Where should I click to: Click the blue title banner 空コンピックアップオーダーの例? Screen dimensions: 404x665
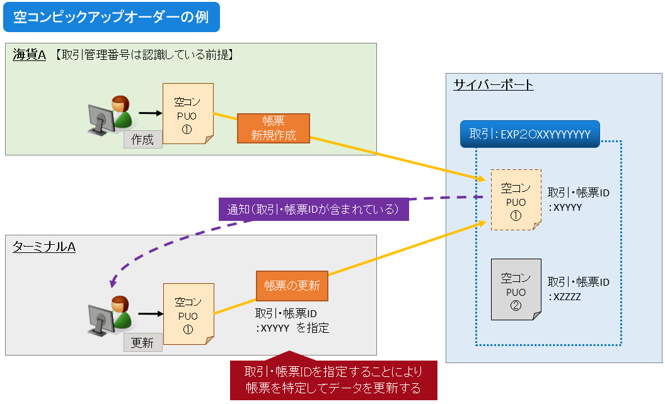click(x=111, y=18)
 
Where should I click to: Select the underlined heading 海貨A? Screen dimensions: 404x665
click(x=29, y=55)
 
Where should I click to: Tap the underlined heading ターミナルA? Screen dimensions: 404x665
click(x=43, y=247)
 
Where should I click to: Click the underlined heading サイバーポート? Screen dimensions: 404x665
click(x=493, y=84)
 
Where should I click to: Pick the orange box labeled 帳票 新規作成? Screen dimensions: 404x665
click(x=274, y=128)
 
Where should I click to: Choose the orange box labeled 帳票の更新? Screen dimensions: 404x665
click(x=292, y=286)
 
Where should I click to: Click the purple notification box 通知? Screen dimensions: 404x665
click(x=313, y=209)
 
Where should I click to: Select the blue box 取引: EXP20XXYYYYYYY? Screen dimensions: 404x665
click(x=529, y=134)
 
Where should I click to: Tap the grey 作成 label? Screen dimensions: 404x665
click(x=142, y=139)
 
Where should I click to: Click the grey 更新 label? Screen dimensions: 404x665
click(x=142, y=343)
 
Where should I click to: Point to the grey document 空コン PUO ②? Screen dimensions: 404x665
click(x=516, y=290)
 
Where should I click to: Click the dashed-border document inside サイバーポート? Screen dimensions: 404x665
click(x=516, y=200)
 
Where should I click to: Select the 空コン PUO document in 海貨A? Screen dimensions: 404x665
click(x=188, y=114)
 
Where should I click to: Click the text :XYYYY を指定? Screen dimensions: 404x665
click(x=292, y=328)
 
